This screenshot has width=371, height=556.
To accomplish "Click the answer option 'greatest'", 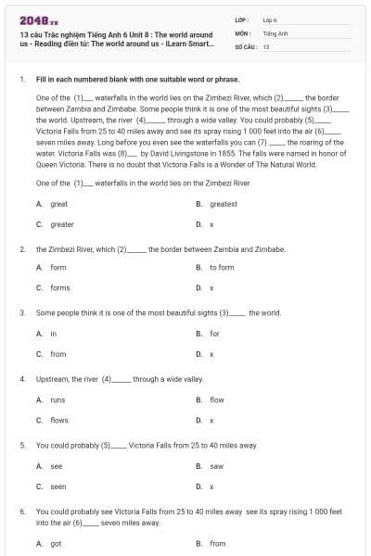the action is (224, 204).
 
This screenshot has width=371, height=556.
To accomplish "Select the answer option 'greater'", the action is (62, 224).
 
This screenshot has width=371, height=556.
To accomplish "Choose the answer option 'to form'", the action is (222, 268).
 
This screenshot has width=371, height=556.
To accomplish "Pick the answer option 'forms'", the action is (60, 288).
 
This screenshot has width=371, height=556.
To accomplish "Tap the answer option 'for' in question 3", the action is (214, 334).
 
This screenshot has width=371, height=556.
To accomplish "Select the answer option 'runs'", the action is (58, 400).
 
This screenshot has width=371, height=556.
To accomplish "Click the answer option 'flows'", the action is (59, 421).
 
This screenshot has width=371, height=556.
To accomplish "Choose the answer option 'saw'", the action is (216, 466).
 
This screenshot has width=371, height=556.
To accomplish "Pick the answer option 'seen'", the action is (58, 486).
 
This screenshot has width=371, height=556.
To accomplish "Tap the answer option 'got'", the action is (56, 544).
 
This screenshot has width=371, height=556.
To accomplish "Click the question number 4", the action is (22, 380).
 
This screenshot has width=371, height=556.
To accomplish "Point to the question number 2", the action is (22, 249).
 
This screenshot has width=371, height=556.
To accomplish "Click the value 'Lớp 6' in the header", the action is (270, 19).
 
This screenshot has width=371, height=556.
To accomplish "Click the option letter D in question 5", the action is (198, 486).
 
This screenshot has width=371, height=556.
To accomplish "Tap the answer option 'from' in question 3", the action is (58, 354).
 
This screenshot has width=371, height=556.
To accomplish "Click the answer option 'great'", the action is (59, 204).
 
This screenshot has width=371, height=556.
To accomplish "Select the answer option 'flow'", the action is (216, 400).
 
